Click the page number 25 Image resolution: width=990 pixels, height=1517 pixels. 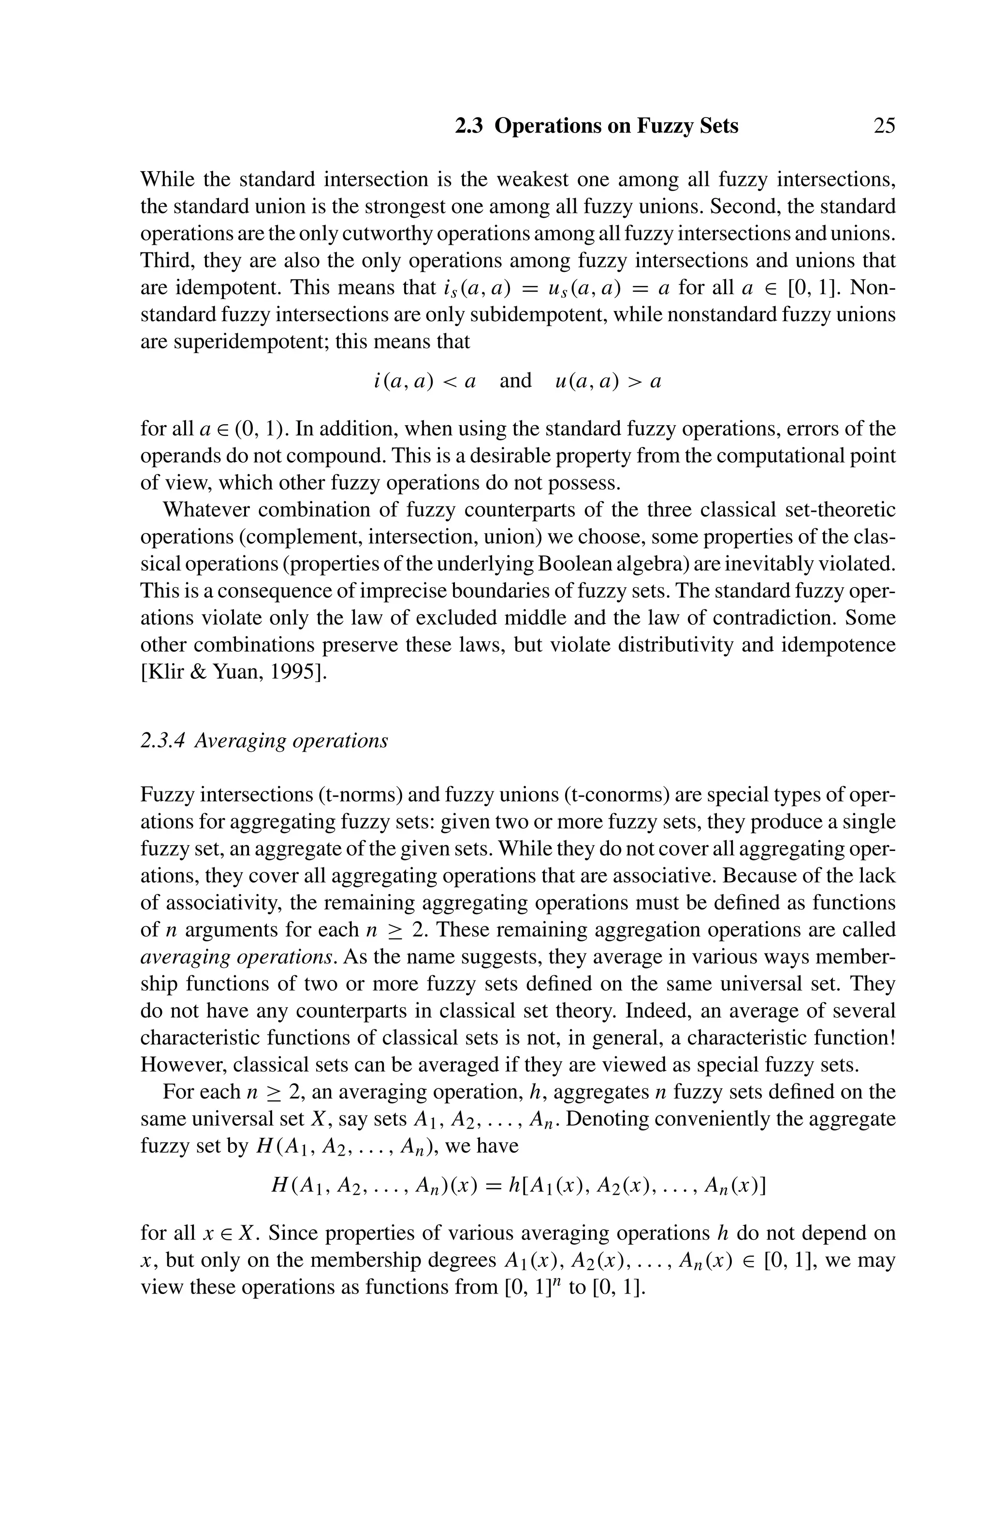pos(883,126)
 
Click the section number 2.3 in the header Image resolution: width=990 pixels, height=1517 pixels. pos(469,126)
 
